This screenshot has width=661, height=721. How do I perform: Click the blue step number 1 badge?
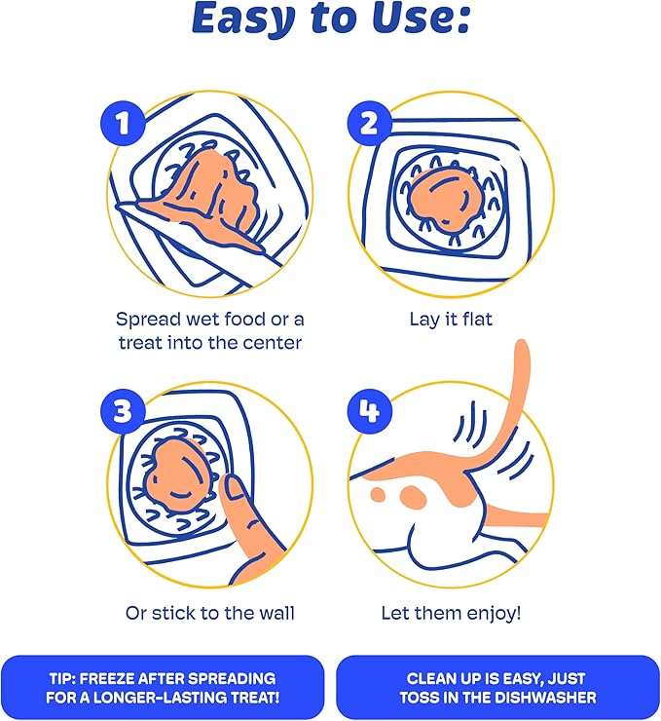123,123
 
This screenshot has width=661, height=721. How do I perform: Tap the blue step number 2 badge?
370,123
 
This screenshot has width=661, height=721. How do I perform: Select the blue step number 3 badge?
123,410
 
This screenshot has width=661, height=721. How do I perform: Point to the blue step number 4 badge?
370,410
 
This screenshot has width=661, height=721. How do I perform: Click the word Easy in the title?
242,19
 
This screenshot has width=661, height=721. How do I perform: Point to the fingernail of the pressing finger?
238,488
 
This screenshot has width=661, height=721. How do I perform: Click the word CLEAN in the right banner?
429,679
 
